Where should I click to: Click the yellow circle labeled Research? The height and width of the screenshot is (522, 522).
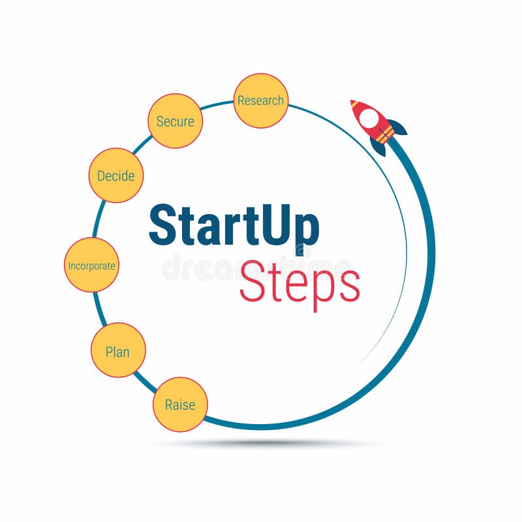(x=261, y=100)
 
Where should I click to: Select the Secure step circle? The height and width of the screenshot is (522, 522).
(x=176, y=121)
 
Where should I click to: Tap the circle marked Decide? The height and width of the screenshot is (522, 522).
(x=116, y=176)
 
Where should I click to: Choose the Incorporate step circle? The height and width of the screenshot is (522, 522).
(x=91, y=265)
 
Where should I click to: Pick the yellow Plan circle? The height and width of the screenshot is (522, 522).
(x=118, y=350)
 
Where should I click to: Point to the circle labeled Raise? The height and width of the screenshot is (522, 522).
(x=180, y=405)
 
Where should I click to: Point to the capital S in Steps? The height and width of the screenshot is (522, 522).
(x=254, y=281)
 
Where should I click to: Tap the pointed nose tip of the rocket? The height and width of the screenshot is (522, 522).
(x=352, y=102)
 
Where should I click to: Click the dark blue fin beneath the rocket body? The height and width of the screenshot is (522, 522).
(x=378, y=146)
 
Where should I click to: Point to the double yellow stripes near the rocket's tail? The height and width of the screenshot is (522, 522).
(x=386, y=134)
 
